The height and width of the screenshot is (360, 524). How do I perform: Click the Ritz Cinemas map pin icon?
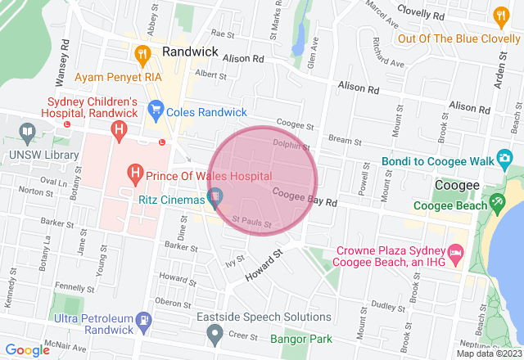point(215,196)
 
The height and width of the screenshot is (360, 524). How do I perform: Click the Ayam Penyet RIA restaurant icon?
point(142,56)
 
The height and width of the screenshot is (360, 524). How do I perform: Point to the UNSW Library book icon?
point(26,132)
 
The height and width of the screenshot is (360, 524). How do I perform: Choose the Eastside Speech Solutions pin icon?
point(215,332)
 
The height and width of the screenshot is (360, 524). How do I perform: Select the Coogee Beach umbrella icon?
point(495,201)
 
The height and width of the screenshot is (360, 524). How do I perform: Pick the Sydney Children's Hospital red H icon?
point(120,129)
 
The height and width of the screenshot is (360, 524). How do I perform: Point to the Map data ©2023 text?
point(489,353)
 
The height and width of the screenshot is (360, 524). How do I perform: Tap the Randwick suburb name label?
point(190,52)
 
